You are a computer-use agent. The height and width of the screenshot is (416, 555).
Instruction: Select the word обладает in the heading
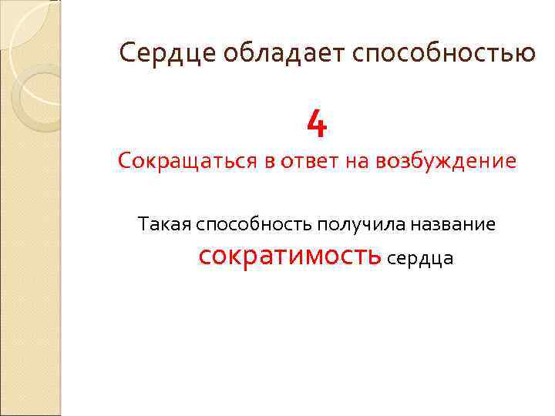click(259, 54)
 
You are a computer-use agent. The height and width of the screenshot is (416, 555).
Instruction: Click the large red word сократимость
click(289, 255)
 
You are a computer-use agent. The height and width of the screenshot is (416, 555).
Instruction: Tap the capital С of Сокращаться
click(125, 163)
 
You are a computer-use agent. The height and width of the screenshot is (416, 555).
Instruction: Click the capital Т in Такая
click(143, 224)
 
